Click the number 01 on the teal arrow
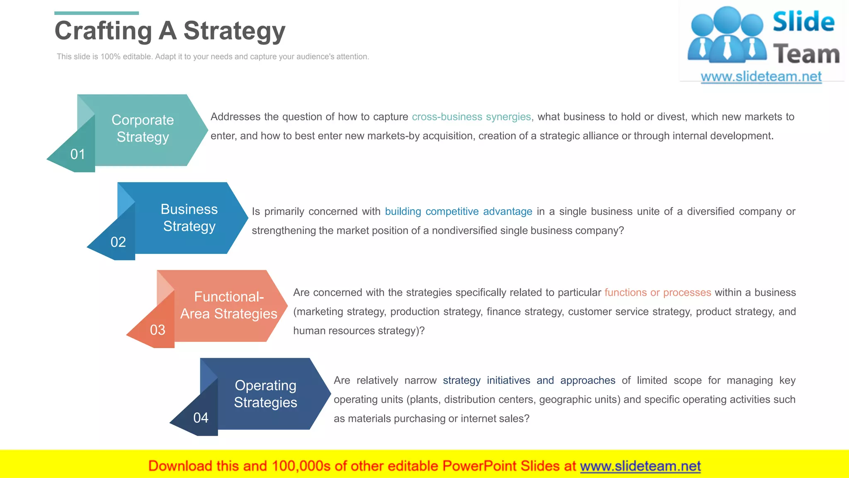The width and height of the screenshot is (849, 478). point(78,154)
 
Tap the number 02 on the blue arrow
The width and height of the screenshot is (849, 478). point(118,242)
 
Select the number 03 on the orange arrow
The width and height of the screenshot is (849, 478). point(158,330)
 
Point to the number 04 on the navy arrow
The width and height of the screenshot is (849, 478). point(201,417)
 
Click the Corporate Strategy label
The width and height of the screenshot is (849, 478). point(143,128)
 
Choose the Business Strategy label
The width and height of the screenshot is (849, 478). point(189,217)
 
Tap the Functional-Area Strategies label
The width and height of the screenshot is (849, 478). point(228,305)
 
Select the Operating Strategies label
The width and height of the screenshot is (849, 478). point(265,393)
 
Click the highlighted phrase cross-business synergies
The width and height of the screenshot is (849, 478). point(471,117)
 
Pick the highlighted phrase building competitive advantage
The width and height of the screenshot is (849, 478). point(458,212)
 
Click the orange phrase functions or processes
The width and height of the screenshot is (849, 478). point(657,293)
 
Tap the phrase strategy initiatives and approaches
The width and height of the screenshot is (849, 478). point(529,380)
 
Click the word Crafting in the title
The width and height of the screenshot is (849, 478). point(104,31)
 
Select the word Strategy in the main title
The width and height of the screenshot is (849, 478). point(234,31)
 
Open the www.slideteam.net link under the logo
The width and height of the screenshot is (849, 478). point(761,77)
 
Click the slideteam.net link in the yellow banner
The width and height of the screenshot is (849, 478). point(640,466)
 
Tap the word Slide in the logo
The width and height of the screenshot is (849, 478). point(803,22)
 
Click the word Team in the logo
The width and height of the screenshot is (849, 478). point(806,54)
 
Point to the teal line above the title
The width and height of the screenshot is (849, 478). point(97,13)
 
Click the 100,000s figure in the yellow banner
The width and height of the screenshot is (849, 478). point(301,466)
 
